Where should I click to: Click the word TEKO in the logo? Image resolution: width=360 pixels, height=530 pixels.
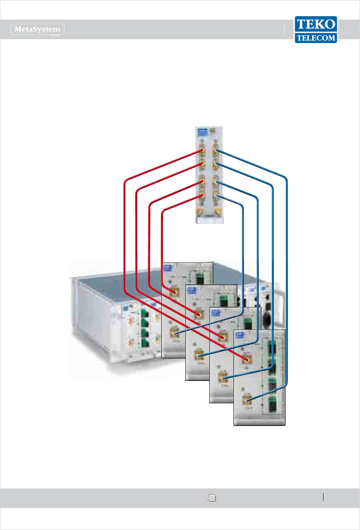click(316, 24)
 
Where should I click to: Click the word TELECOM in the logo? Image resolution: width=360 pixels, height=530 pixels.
click(316, 38)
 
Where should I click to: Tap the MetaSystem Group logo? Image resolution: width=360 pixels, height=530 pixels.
click(37, 30)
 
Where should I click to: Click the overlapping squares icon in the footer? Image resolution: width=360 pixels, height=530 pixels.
click(211, 497)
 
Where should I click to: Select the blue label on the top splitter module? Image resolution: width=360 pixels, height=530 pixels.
click(202, 131)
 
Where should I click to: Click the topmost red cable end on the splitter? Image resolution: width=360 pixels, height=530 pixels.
click(201, 151)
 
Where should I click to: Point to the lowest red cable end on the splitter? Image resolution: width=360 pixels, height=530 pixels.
click(201, 196)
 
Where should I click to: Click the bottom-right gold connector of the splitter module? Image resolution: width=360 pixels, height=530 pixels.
click(217, 210)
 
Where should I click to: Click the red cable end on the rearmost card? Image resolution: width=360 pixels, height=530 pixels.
click(174, 293)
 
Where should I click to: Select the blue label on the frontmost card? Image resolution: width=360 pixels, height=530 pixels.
click(239, 335)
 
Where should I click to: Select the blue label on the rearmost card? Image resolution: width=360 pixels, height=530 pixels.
click(167, 268)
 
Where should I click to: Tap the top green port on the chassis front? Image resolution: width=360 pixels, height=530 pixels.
click(144, 314)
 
